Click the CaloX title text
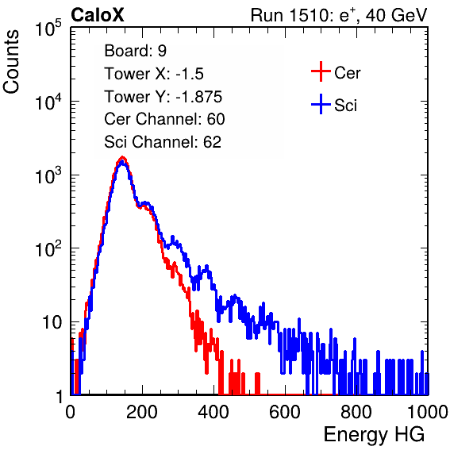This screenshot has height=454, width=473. tap(98, 15)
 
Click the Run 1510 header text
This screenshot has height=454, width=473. tap(339, 15)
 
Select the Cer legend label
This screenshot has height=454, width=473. tap(347, 73)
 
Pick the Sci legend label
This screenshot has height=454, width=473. tap(345, 106)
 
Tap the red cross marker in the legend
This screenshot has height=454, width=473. tap(321, 71)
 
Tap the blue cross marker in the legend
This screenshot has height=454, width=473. tap(321, 105)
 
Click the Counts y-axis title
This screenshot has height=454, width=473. tap(11, 62)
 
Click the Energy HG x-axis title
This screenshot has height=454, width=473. tap(374, 435)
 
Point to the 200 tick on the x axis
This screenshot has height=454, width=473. tap(142, 412)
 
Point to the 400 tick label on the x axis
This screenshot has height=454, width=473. tap(213, 412)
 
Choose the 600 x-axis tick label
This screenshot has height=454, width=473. tap(285, 412)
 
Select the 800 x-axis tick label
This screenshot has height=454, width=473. tap(356, 412)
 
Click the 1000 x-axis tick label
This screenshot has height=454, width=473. tap(428, 412)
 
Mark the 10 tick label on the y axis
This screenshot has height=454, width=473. tap(52, 322)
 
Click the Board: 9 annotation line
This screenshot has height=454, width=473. tap(135, 51)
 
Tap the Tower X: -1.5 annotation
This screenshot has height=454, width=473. tap(154, 74)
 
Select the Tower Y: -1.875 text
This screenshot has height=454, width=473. tap(163, 97)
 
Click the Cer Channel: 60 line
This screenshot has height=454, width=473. tap(164, 119)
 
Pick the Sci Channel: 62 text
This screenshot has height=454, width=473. tap(163, 142)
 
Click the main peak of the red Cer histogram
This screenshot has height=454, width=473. tap(122, 157)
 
